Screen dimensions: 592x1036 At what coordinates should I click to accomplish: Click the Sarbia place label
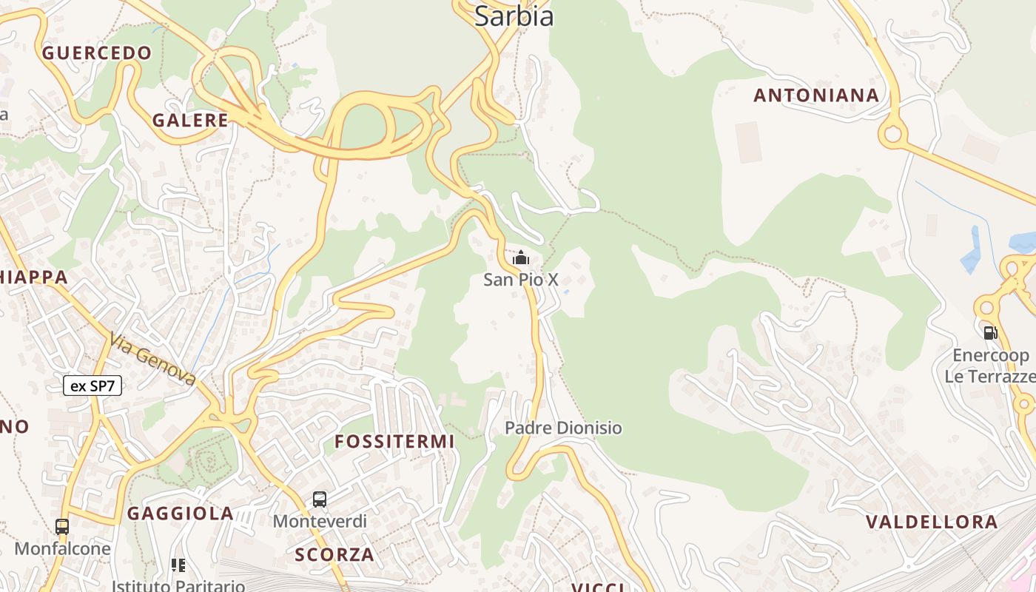click(x=514, y=16)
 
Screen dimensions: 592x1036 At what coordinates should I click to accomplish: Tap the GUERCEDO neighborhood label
click(x=97, y=53)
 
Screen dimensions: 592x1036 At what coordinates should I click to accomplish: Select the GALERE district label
click(x=190, y=121)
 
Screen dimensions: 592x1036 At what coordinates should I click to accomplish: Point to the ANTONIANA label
click(x=816, y=95)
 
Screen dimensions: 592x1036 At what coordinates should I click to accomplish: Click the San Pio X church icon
click(x=521, y=258)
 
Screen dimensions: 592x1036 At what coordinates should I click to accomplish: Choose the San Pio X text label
click(x=521, y=280)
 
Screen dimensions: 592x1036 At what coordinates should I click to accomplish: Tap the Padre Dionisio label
click(x=563, y=428)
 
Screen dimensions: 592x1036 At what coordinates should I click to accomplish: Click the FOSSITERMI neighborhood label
click(x=394, y=442)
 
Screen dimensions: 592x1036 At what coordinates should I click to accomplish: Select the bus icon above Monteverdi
click(x=320, y=499)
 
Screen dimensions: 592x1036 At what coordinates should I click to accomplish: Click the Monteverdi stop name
click(x=320, y=521)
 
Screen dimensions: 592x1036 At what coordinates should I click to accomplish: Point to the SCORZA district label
click(x=334, y=554)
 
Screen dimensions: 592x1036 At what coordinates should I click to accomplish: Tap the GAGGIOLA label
click(x=181, y=514)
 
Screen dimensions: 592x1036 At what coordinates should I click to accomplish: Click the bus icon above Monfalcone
click(x=62, y=527)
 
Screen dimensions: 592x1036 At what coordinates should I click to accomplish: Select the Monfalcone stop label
click(x=62, y=548)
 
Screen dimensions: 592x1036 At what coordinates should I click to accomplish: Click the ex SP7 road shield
click(x=92, y=386)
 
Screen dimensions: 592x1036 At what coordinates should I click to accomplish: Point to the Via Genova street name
click(x=152, y=359)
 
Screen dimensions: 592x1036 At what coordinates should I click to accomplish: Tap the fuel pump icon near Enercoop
click(x=990, y=333)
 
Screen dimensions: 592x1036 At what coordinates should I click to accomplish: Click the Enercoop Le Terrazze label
click(x=990, y=366)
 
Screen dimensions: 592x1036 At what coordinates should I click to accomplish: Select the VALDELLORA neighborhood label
click(x=932, y=522)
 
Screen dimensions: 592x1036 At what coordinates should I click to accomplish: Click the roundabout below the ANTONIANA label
click(x=892, y=135)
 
